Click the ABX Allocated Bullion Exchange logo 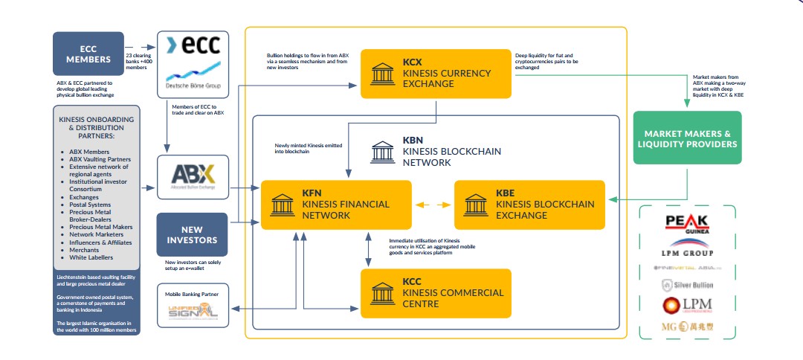click(193, 176)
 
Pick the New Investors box click(193, 235)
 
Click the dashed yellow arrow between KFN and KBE click(433, 205)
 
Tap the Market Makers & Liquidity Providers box click(686, 138)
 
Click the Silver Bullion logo click(686, 284)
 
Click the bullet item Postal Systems click(91, 205)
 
